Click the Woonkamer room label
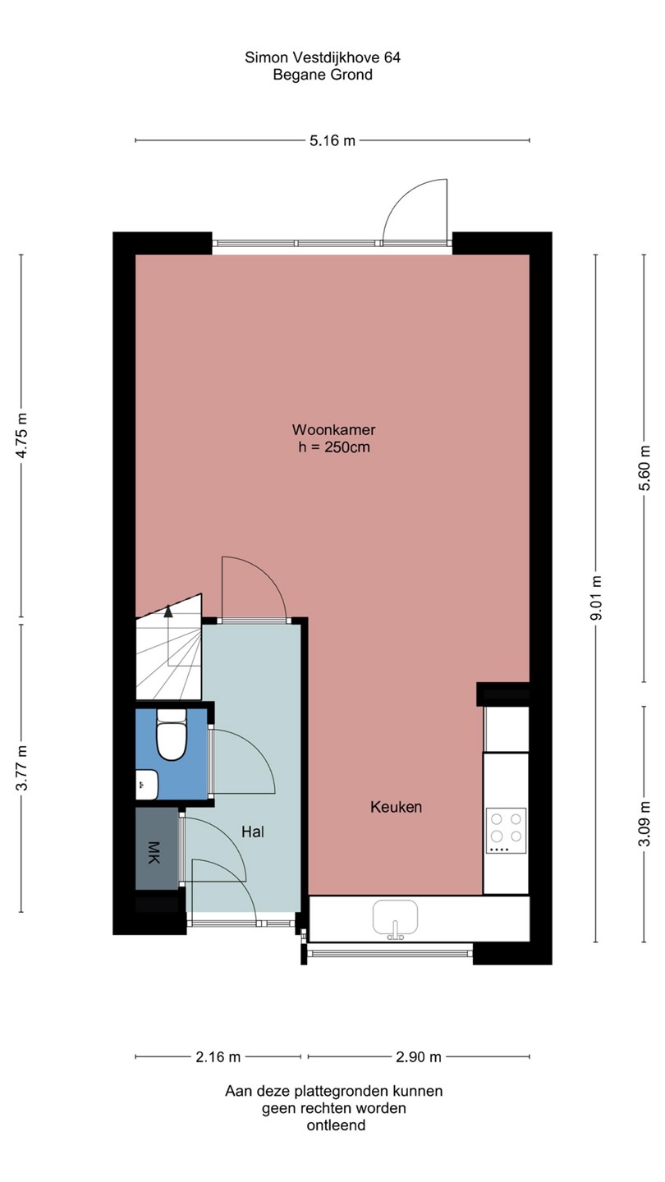(333, 429)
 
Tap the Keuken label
(396, 807)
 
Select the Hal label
(252, 832)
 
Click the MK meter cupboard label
(154, 852)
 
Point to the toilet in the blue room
(172, 734)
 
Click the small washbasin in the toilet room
(147, 785)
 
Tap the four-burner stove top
(506, 831)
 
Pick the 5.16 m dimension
(332, 141)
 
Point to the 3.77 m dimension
(21, 767)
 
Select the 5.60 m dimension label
(644, 468)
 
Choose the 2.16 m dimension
(218, 1057)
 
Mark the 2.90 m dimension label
(419, 1057)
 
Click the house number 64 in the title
(392, 57)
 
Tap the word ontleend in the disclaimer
(336, 1125)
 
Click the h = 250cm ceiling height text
(333, 447)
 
